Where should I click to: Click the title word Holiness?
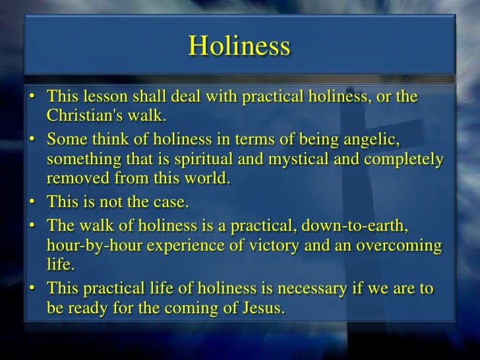click(239, 46)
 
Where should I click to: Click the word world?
click(207, 178)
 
